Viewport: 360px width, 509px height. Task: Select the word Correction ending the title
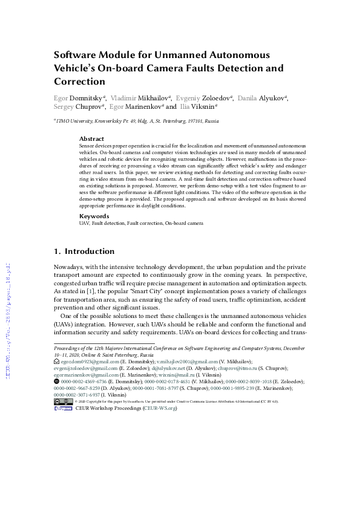(x=80, y=81)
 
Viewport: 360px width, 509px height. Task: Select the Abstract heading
(x=91, y=138)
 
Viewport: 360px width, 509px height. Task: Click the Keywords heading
(x=94, y=216)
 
